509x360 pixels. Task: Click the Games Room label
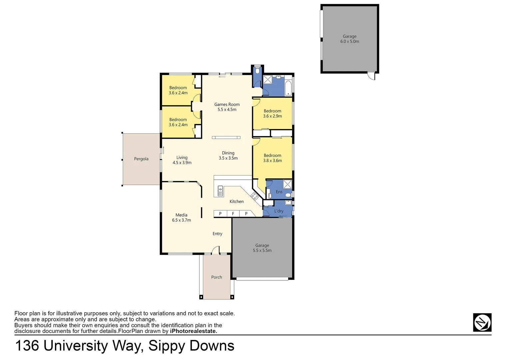(227, 104)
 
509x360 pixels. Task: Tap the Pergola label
(141, 159)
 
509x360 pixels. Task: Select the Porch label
(217, 277)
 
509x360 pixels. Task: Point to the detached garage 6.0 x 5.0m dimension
(349, 42)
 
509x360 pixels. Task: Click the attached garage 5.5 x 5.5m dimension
(262, 251)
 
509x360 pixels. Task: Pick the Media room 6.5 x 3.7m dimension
(182, 220)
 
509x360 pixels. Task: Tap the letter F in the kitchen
(233, 214)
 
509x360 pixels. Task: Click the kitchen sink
(220, 191)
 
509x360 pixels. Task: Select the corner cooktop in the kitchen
(255, 196)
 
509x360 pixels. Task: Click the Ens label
(279, 192)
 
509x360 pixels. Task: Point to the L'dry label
(279, 211)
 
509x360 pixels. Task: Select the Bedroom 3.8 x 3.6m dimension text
(272, 161)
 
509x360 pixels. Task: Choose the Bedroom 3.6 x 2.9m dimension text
(272, 116)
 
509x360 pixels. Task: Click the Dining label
(228, 153)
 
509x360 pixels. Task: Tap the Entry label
(217, 234)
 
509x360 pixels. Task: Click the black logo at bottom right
(482, 322)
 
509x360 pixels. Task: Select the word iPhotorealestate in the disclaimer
(193, 331)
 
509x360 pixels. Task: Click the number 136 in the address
(27, 346)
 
